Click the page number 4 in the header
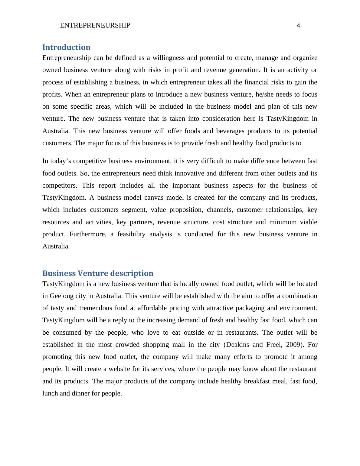298,26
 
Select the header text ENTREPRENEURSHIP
95,25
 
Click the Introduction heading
66,47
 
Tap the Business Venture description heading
98,273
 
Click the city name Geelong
62,296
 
